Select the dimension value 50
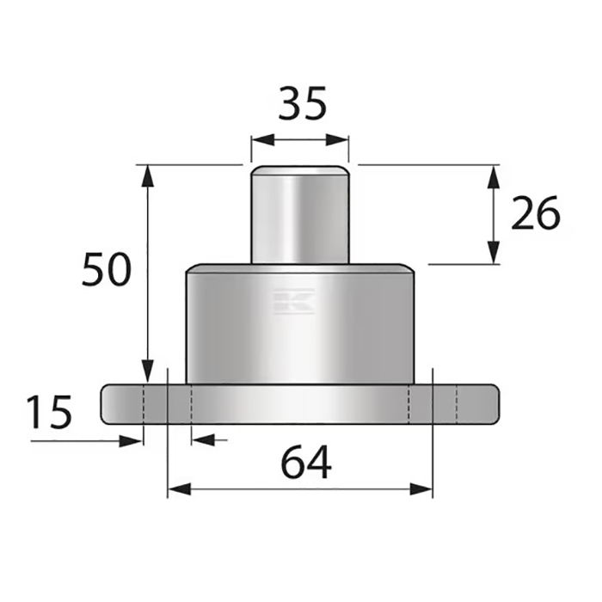107,270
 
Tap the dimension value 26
535,213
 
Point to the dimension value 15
49,412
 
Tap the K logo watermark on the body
294,301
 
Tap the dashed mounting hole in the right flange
445,404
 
